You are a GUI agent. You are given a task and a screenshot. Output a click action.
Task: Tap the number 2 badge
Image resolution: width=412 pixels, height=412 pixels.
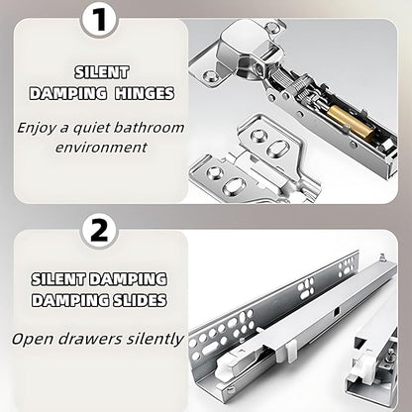click(x=99, y=230)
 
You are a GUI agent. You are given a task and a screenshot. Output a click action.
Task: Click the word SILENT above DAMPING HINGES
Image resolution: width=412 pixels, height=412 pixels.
click(x=101, y=72)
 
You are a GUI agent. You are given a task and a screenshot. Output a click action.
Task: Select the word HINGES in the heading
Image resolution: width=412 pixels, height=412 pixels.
click(x=145, y=93)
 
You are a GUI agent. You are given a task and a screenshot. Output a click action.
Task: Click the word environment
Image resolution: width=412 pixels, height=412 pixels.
click(x=101, y=148)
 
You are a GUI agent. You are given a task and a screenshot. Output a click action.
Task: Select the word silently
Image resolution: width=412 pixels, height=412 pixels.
click(x=155, y=339)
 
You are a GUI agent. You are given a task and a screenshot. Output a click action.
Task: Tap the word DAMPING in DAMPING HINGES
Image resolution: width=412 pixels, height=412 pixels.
click(x=68, y=93)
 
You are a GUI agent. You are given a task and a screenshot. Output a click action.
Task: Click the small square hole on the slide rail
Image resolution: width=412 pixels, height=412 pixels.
click(x=337, y=312)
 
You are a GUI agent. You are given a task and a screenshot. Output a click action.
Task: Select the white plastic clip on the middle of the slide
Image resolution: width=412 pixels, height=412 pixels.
click(x=290, y=351)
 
